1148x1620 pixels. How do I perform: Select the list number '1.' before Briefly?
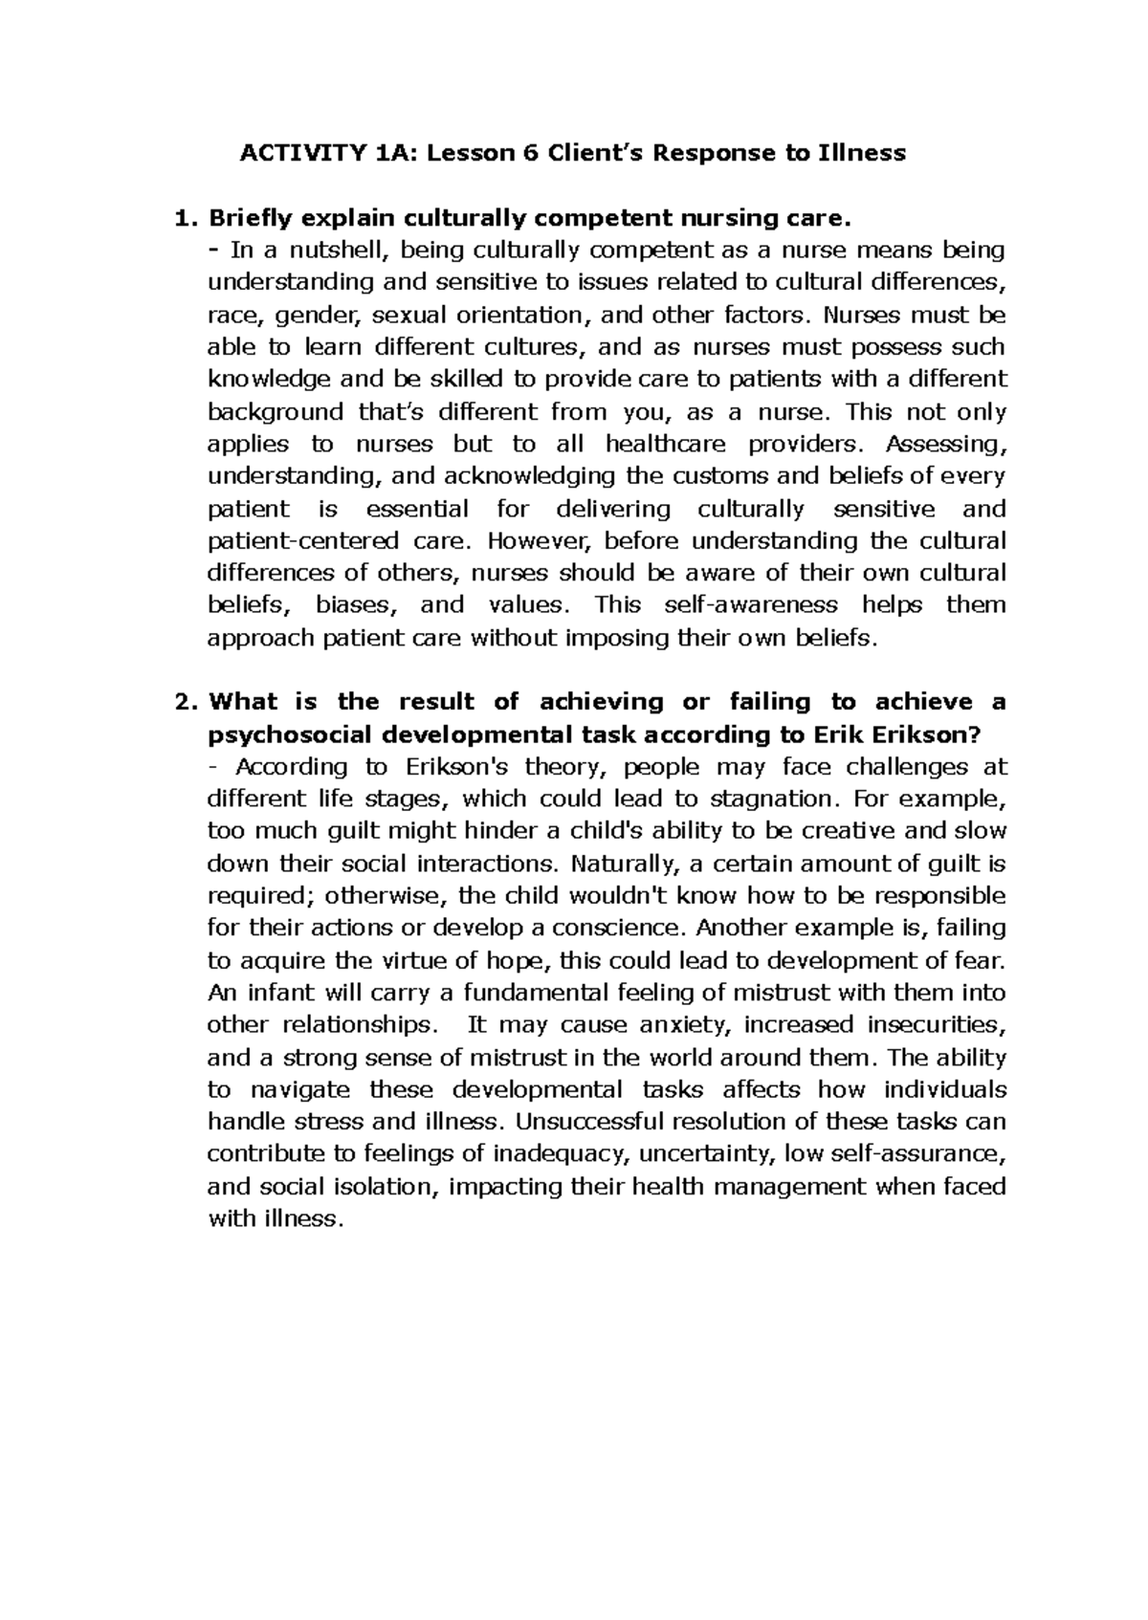click(x=187, y=218)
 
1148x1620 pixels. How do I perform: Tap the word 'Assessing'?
click(x=946, y=444)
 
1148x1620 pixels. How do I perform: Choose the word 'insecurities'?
click(x=937, y=1025)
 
